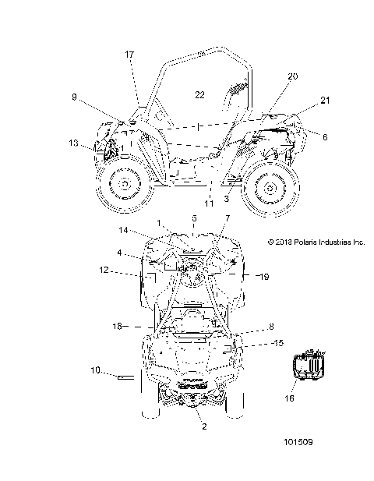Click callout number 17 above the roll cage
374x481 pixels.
pos(129,55)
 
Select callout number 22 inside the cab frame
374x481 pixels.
pos(199,95)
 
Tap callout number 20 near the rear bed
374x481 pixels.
pos(293,76)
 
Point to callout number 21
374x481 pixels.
pos(325,100)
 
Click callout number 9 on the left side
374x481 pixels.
pos(74,97)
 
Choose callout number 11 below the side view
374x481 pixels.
pos(209,203)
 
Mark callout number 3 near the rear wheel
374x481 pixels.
pos(226,199)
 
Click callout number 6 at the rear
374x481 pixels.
pos(325,136)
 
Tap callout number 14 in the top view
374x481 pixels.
pos(123,230)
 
